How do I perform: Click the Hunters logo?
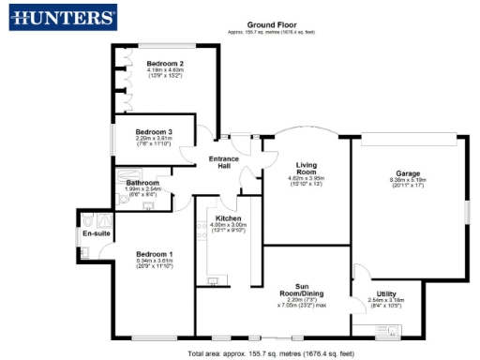pos(61,18)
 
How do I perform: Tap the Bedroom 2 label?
pos(164,63)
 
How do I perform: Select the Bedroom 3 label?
pos(154,131)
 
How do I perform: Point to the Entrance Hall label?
pos(225,162)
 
